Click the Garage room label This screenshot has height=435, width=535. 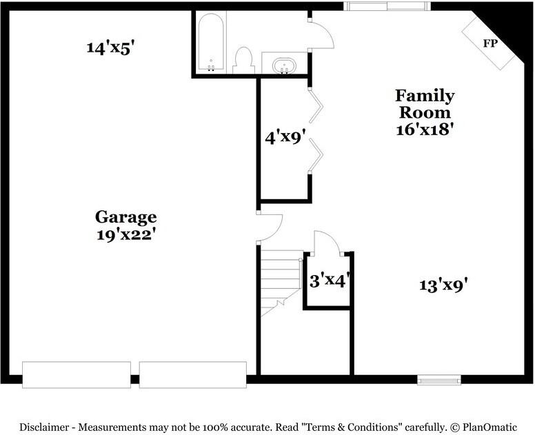[x=125, y=217]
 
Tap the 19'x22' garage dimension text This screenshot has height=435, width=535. [x=125, y=234]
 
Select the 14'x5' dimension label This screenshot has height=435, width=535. [x=114, y=48]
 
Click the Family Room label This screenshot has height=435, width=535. [x=424, y=103]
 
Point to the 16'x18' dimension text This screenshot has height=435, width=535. [x=424, y=129]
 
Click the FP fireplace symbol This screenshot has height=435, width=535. [x=489, y=43]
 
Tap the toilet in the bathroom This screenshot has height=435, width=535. [x=243, y=61]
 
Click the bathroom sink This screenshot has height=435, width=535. [x=284, y=66]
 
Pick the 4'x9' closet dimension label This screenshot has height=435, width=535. [x=285, y=136]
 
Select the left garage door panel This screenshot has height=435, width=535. [x=76, y=374]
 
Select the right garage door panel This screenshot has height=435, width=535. [x=192, y=374]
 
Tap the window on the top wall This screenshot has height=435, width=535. [x=387, y=6]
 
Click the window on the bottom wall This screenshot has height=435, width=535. [x=439, y=379]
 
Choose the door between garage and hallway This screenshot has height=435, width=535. [x=270, y=227]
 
